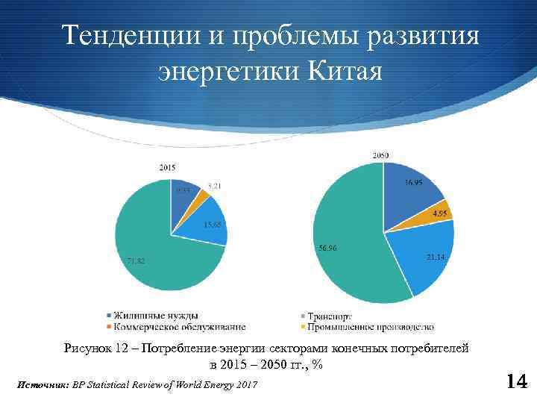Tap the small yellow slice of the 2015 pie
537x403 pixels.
(199, 195)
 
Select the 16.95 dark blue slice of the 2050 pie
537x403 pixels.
(410, 187)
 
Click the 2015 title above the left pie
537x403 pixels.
(168, 168)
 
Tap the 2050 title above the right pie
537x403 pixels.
(380, 154)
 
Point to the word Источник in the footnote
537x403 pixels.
(41, 384)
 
